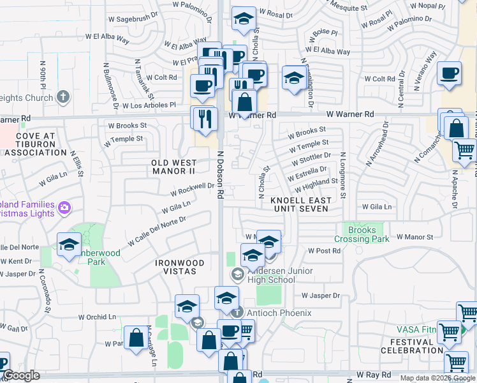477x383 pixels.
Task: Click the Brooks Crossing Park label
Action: pos(364,234)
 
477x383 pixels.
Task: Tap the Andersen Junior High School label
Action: pos(279,275)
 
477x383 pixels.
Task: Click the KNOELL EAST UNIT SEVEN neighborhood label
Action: pos(301,204)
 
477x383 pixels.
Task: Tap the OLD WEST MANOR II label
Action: pos(172,167)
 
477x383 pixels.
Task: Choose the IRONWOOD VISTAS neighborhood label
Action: pos(180,267)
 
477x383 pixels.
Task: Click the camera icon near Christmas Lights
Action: pos(64,207)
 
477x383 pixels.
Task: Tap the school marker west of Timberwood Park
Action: pos(69,244)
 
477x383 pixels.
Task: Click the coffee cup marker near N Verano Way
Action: pos(450,73)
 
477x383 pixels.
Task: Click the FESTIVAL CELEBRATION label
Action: pos(411,345)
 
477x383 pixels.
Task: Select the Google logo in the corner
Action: pos(22,376)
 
